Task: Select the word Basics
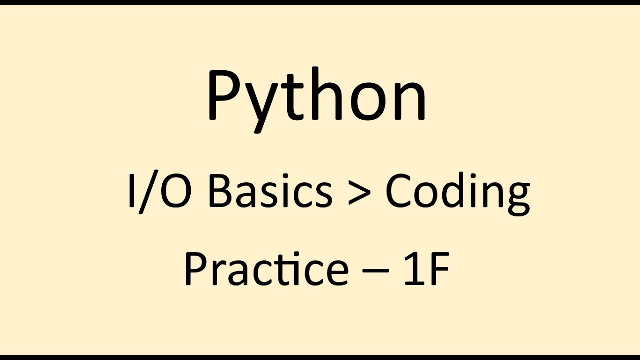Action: [x=270, y=192]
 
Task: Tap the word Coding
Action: [x=457, y=194]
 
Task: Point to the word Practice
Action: [x=266, y=269]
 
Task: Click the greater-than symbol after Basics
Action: [x=358, y=193]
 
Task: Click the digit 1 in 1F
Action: [x=412, y=269]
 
